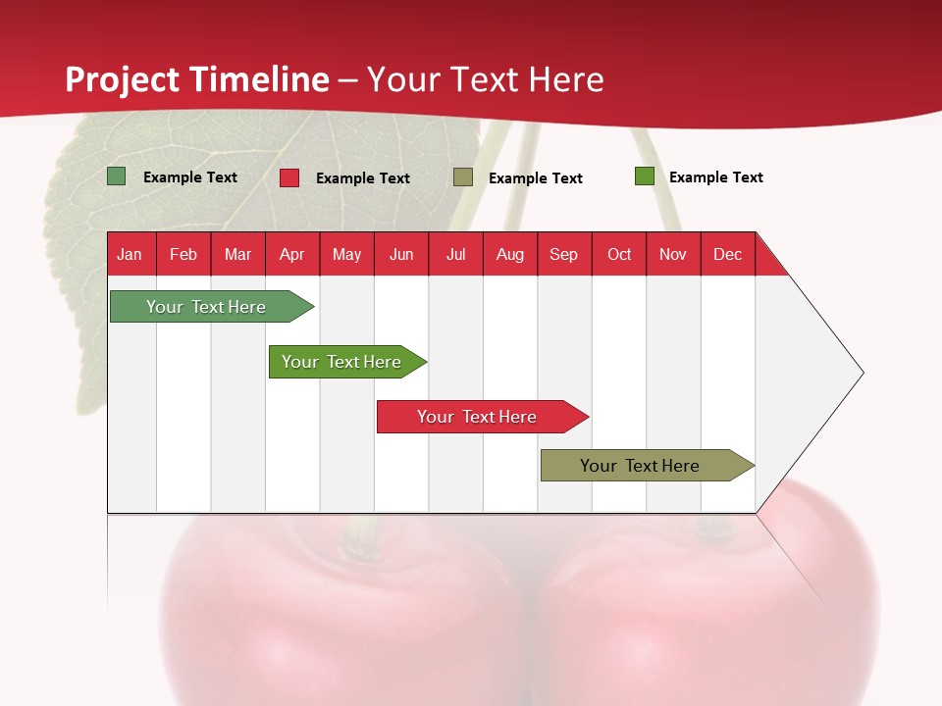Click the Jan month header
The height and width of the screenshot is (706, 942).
131,254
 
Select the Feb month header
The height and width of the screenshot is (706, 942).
183,254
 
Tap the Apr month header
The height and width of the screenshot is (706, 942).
292,254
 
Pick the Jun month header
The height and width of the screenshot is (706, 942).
401,254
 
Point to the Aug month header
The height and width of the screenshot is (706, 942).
510,254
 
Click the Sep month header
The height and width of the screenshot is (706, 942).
564,254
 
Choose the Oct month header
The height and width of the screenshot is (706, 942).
619,254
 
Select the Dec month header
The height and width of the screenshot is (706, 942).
728,254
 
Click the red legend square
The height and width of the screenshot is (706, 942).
289,177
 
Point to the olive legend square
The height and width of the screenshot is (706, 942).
463,177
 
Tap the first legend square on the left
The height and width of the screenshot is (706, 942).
117,176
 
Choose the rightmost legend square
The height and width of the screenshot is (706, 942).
645,176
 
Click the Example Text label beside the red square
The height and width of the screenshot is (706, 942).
363,178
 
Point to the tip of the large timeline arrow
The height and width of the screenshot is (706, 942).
862,373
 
